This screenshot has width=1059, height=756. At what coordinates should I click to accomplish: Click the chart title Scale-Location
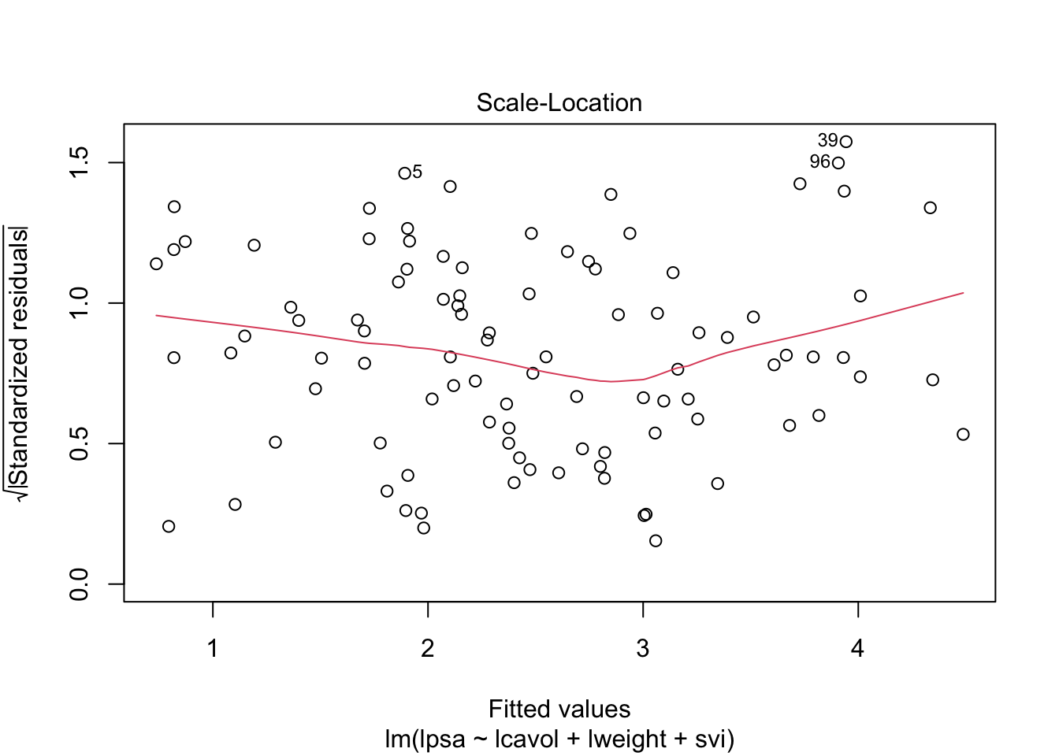click(559, 103)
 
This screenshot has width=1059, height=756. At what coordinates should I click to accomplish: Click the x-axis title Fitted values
click(559, 709)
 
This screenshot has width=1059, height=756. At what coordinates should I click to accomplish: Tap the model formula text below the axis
click(559, 739)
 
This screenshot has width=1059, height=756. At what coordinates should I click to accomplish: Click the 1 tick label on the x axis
click(213, 648)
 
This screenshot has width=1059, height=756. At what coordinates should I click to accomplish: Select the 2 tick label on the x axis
click(428, 648)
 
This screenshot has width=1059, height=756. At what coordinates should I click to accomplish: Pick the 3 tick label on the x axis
click(643, 648)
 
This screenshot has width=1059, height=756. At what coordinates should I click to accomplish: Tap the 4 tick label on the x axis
click(857, 648)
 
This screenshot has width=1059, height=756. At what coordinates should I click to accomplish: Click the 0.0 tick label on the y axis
click(80, 584)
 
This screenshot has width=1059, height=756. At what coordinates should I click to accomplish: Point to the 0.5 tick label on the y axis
click(80, 443)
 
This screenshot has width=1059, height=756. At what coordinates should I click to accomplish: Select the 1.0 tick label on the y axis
click(80, 303)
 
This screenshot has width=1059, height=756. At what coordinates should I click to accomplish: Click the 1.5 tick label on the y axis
click(80, 162)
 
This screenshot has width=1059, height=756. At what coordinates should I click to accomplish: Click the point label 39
click(827, 141)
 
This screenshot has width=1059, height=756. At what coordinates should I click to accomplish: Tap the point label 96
click(819, 162)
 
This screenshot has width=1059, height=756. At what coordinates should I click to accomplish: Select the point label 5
click(417, 172)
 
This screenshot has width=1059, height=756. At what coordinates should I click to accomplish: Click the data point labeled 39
click(846, 142)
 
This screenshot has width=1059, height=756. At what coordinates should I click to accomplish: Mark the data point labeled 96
click(838, 163)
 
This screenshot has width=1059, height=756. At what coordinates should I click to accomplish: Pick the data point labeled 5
click(404, 173)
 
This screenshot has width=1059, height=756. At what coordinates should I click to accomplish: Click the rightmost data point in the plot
click(963, 435)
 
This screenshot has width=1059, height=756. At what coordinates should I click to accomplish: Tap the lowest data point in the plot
click(656, 541)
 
